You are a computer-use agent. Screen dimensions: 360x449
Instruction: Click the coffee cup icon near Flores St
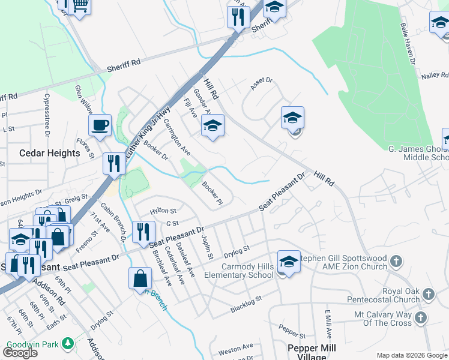coord(100,125)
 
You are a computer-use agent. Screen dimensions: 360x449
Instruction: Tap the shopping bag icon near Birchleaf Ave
coord(140,278)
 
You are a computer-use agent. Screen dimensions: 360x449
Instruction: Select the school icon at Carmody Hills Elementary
coord(289,261)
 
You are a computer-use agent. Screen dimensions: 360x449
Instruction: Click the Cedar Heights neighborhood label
coord(50,153)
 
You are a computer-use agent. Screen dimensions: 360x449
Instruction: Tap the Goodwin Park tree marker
coord(68,343)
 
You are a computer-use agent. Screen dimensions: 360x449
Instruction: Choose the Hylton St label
coord(163,211)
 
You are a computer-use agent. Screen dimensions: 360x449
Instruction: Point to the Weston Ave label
coord(236,349)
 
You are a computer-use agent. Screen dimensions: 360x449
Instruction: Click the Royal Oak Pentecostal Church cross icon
coord(428,294)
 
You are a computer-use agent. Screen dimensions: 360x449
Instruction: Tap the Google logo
coord(20,353)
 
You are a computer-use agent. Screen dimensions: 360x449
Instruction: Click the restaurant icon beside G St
coord(142,231)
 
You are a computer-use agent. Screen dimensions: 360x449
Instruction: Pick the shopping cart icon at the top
coord(79,6)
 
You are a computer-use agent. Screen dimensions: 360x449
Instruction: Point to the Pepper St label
coord(293,331)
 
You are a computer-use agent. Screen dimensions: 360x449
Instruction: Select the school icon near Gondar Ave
coord(212,126)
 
